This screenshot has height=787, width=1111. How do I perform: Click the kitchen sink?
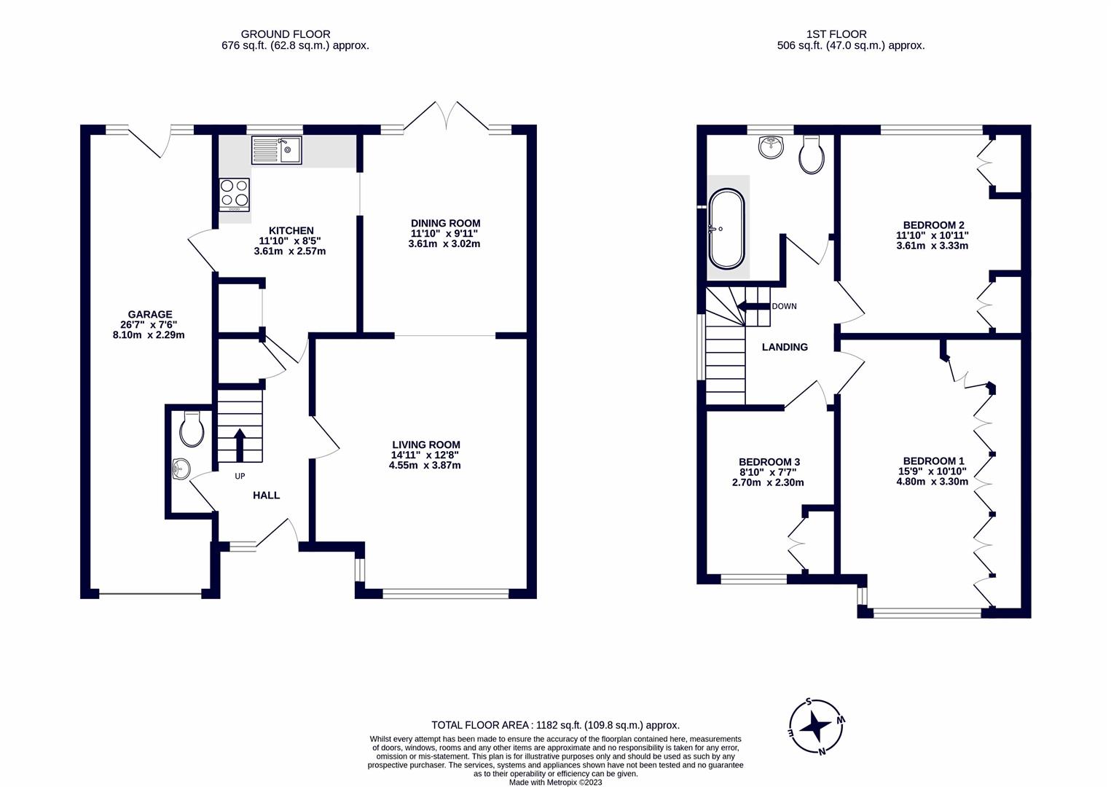pyautogui.click(x=276, y=150)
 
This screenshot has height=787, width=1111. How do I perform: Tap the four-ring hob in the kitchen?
pyautogui.click(x=234, y=194)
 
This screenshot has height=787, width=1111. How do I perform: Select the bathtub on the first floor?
pyautogui.click(x=727, y=229)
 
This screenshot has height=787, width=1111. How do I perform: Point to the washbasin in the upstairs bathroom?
pyautogui.click(x=771, y=147)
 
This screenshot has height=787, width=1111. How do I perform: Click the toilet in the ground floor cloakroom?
pyautogui.click(x=192, y=430)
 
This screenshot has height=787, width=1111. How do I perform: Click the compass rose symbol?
pyautogui.click(x=816, y=727)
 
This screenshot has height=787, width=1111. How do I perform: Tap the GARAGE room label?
pyautogui.click(x=150, y=315)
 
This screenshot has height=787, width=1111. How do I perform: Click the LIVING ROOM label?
pyautogui.click(x=425, y=445)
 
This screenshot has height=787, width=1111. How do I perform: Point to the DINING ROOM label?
pyautogui.click(x=445, y=223)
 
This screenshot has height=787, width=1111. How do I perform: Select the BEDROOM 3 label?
pyautogui.click(x=769, y=462)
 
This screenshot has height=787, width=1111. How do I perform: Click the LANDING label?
pyautogui.click(x=784, y=348)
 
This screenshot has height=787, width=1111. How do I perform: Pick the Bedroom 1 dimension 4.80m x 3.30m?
pyautogui.click(x=932, y=482)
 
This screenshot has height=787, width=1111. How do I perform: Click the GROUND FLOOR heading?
pyautogui.click(x=285, y=34)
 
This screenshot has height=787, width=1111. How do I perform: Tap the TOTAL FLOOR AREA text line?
pyautogui.click(x=555, y=725)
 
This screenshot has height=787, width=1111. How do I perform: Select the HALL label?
pyautogui.click(x=266, y=496)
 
